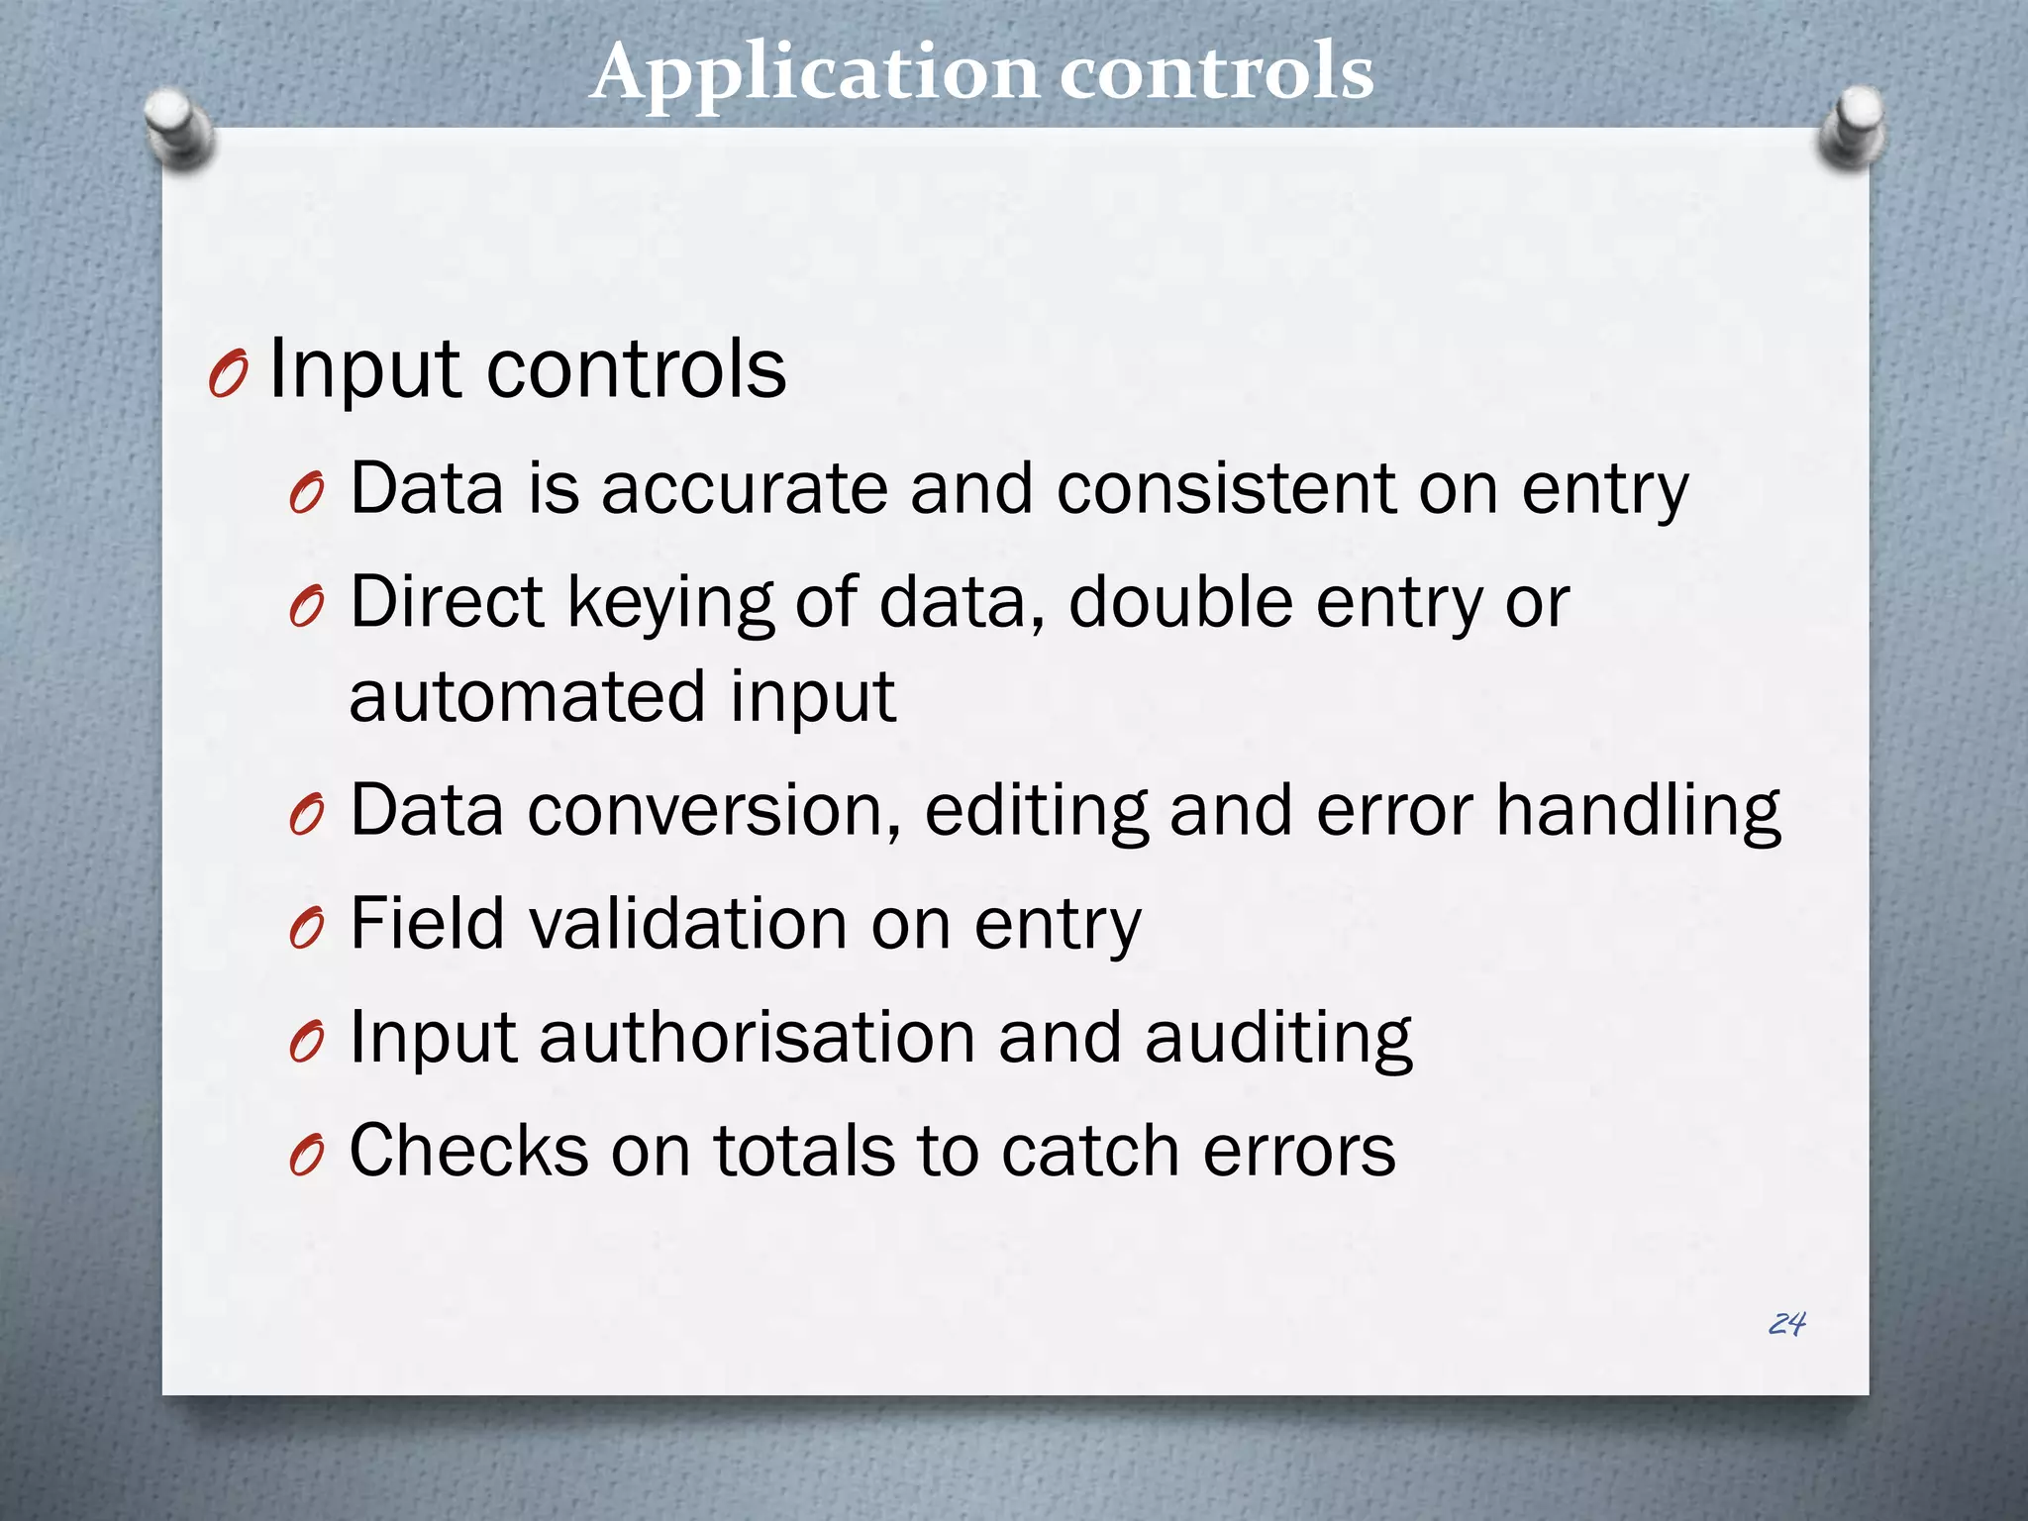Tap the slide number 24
[1786, 1324]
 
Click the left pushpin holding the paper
[178, 128]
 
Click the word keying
[670, 604]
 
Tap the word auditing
[1278, 1039]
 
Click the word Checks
[469, 1151]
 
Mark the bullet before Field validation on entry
[307, 929]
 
